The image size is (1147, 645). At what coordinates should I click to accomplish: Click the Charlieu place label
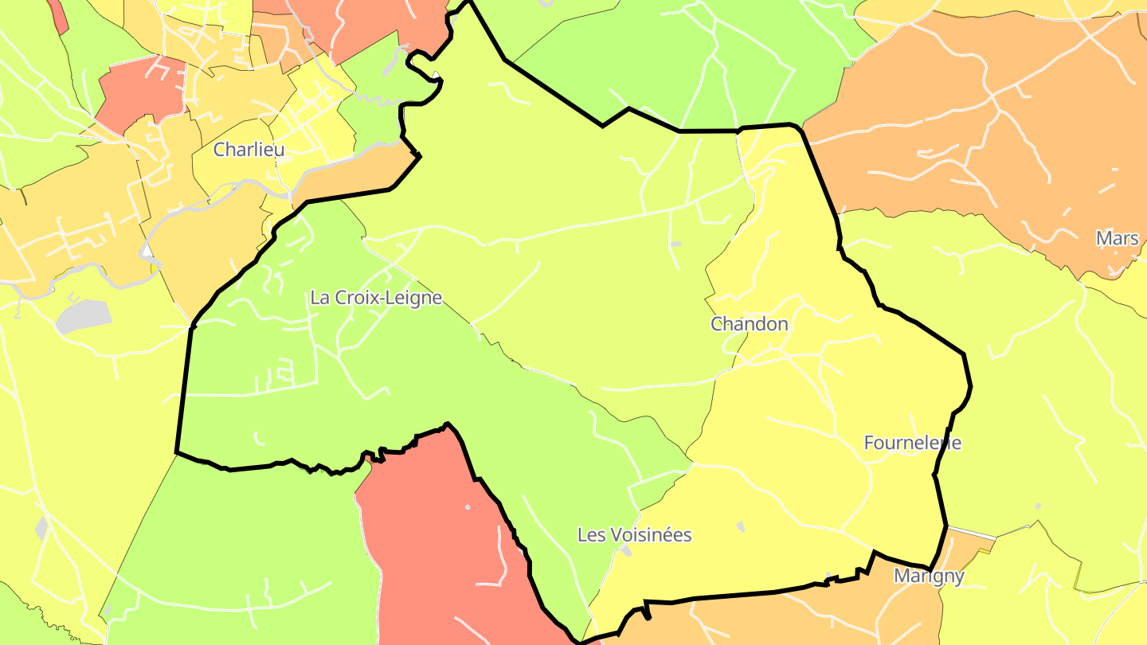tap(249, 149)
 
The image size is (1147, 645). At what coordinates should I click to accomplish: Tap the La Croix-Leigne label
tap(375, 298)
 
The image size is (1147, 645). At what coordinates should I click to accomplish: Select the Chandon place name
tap(749, 324)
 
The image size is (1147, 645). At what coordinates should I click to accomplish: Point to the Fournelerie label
tap(912, 443)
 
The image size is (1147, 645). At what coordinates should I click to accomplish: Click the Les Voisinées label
tap(634, 535)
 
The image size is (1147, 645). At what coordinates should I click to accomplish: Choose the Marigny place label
tap(929, 576)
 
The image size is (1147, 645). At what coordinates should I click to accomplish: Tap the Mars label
tap(1117, 238)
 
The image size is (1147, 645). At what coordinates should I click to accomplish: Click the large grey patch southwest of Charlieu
tap(84, 316)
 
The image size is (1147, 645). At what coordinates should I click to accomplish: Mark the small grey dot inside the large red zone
tap(468, 507)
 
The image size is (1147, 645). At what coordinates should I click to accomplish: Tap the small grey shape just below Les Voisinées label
tap(627, 551)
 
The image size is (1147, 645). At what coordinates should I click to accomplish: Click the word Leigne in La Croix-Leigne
tap(411, 298)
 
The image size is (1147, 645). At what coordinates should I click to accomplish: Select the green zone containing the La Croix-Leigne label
tap(319, 374)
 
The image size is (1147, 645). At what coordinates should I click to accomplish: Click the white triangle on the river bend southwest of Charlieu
tap(147, 252)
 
